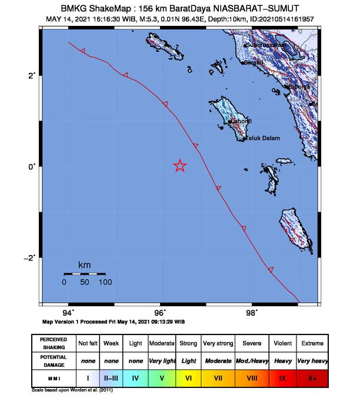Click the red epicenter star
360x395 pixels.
180,166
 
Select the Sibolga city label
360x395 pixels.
299,87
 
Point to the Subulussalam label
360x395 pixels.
266,45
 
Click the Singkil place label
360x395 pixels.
254,62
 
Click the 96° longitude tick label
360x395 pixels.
160,312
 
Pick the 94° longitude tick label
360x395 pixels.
69,312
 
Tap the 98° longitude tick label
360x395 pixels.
252,312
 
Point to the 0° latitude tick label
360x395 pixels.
33,166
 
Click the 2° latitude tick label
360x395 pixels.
33,75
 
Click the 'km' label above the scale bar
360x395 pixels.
85,265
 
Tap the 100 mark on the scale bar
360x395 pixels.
105,282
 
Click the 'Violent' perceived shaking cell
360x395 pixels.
283,342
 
